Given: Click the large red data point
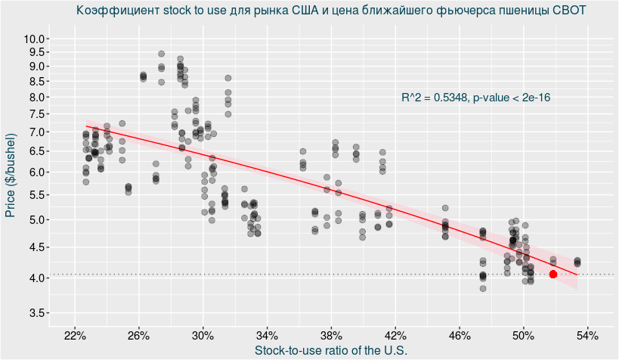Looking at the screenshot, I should click(553, 275).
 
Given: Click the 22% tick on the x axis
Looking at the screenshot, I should click(75, 335).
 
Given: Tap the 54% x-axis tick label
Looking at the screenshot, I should click(587, 335).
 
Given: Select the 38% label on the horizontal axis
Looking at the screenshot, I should click(331, 335).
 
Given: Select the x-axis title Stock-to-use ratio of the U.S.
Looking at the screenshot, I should click(331, 350).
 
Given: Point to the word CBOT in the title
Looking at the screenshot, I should click(569, 11).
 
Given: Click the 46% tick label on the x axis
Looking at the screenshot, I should click(460, 335).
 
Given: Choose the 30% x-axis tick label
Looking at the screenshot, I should click(203, 335).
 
